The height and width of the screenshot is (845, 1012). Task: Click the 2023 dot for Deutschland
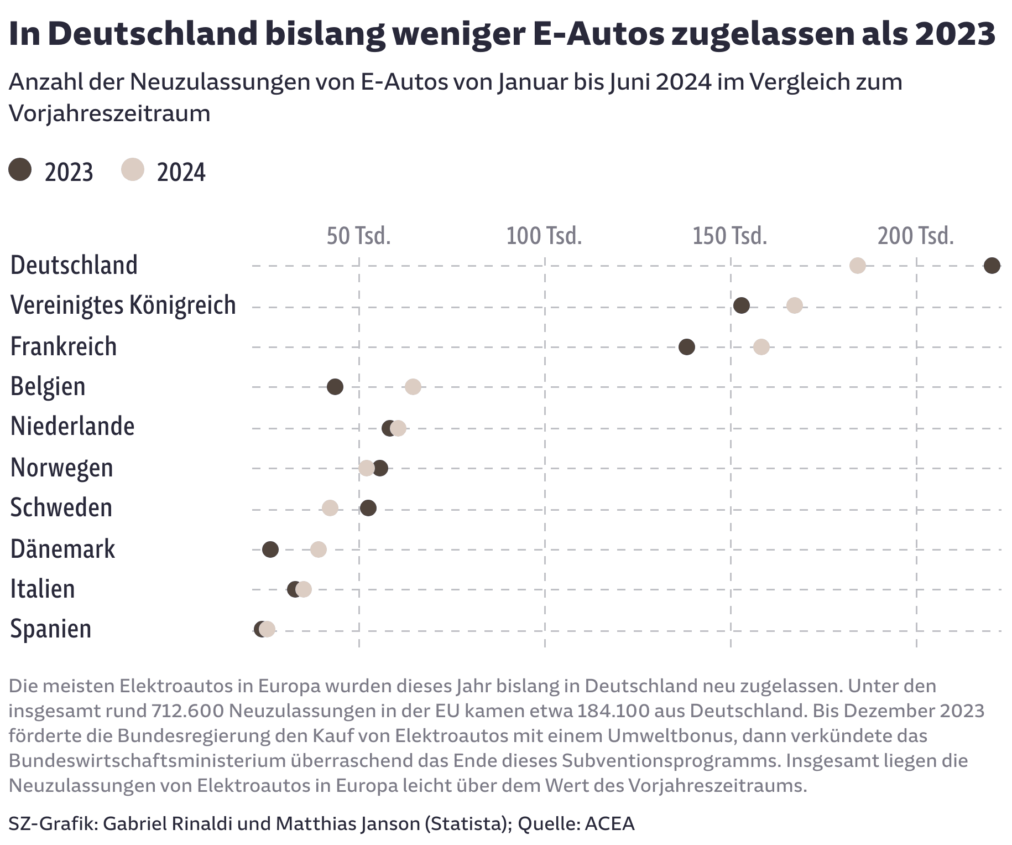coord(992,266)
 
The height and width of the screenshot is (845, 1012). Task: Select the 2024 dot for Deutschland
coord(857,266)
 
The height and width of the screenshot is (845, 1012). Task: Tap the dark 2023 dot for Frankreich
coord(686,347)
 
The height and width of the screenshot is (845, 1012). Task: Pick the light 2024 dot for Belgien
coord(413,387)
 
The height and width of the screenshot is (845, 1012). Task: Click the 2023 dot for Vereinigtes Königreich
coord(741,305)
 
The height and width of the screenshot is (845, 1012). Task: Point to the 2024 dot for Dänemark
coord(319,549)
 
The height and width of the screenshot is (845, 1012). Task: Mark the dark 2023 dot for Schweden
coord(368,508)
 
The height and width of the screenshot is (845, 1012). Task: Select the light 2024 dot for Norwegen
coord(366,468)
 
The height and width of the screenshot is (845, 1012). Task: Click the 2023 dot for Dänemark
coord(270,549)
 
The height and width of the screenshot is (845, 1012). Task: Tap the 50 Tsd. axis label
coord(358,236)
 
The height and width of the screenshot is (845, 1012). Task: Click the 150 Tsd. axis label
coord(730,236)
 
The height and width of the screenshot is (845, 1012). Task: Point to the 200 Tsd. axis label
coord(916,236)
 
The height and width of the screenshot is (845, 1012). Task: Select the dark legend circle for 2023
coord(20,169)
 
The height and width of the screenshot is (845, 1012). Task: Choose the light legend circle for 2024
coord(133,169)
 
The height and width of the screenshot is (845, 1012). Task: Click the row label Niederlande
coord(72,427)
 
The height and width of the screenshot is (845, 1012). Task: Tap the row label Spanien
coord(51,629)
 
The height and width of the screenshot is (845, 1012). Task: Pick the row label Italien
coord(43,589)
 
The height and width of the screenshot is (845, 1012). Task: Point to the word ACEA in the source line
coord(609,823)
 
